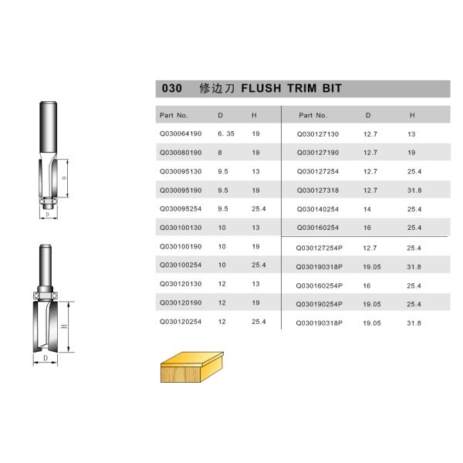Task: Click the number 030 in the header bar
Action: click(171, 89)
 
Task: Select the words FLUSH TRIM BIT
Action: click(292, 89)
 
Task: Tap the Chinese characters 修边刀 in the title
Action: click(216, 89)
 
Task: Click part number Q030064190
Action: click(180, 133)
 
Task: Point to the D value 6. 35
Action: click(225, 133)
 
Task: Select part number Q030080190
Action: click(180, 152)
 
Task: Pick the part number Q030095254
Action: click(180, 208)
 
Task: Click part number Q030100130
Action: click(180, 227)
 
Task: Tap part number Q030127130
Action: click(318, 133)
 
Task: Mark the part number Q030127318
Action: click(318, 190)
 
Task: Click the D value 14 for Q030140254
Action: click(367, 208)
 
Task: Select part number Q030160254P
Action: click(319, 286)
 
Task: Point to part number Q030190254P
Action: click(319, 304)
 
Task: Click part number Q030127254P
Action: click(319, 248)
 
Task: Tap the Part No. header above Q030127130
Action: click(313, 115)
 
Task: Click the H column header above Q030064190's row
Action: click(254, 115)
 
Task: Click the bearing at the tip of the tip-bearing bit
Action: click(49, 202)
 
